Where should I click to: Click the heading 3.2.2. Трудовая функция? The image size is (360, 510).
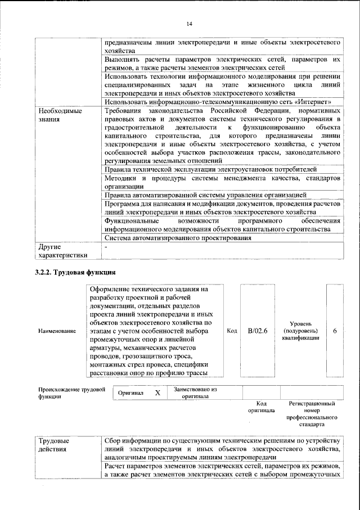pos(76,273)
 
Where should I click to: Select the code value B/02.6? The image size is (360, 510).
pos(257,331)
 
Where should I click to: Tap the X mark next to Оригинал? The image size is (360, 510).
pos(157,392)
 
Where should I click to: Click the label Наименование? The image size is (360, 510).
pos(57,331)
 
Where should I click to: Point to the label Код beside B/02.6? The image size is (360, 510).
pos(231,331)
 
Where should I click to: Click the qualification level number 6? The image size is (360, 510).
pos(335,331)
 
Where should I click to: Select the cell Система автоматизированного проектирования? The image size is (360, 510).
pos(178,238)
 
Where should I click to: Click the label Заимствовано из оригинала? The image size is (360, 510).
pos(195,392)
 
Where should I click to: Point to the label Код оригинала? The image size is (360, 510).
pos(261,407)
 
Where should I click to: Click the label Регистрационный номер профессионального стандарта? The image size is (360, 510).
pos(312,418)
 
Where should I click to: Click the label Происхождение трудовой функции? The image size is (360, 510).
pos(72,392)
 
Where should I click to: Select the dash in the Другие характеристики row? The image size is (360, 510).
pos(106,246)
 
